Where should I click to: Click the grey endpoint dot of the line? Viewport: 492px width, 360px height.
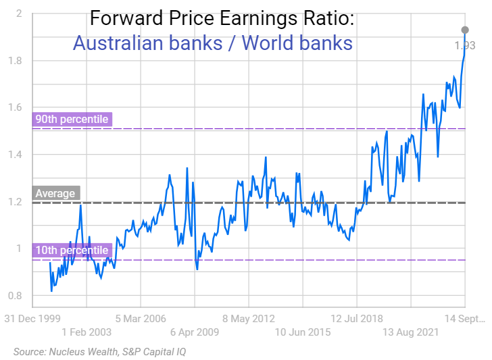coord(465,30)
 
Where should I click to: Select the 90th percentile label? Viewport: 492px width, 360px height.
coord(72,120)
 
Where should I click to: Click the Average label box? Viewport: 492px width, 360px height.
coord(55,193)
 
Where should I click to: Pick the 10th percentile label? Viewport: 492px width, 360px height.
coord(72,250)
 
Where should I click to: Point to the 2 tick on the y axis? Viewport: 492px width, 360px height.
coord(19,14)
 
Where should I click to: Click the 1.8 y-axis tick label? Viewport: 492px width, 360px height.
coord(14,61)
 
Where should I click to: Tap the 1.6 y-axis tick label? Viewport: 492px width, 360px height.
coord(14,107)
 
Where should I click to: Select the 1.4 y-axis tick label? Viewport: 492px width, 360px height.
coord(14,155)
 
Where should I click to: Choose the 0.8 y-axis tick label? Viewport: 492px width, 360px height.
coord(14,296)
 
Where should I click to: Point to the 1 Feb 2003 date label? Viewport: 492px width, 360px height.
coord(87,332)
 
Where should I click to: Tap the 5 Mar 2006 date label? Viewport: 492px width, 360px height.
coord(141,318)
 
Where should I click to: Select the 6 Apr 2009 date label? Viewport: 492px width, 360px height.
coord(195,332)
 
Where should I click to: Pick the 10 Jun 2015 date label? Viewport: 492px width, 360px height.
coord(303,332)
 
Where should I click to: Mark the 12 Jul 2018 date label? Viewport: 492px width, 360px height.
coord(357,318)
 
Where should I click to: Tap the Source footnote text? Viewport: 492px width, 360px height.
coord(99,351)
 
